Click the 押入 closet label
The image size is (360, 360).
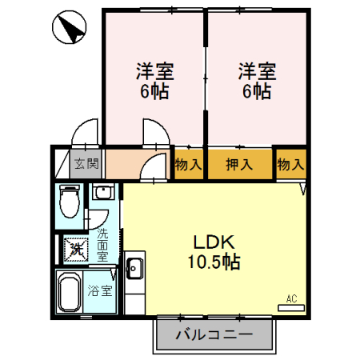[239, 165]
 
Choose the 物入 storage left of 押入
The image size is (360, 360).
[188, 165]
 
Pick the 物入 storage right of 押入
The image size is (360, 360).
[290, 165]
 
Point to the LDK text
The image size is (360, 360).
[214, 243]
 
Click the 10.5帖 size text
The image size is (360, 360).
[214, 262]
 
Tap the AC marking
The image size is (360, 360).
[291, 299]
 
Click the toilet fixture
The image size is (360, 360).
[70, 201]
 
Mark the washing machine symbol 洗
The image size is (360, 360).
[75, 249]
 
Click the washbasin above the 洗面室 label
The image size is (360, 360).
[103, 193]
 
